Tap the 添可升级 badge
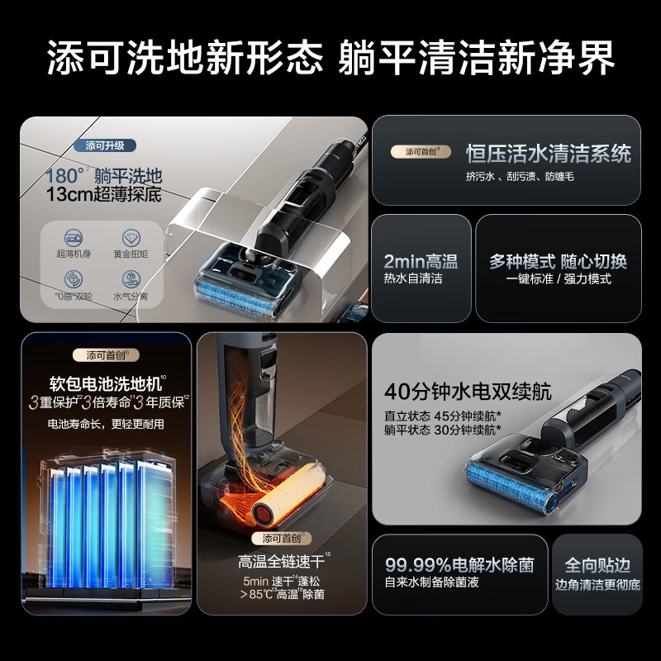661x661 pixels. pyautogui.click(x=105, y=145)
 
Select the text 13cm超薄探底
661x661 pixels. pyautogui.click(x=104, y=196)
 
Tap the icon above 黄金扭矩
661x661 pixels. pyautogui.click(x=131, y=238)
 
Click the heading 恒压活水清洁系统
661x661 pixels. pyautogui.click(x=548, y=154)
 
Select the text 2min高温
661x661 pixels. pyautogui.click(x=421, y=261)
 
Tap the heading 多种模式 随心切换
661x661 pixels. pyautogui.click(x=558, y=261)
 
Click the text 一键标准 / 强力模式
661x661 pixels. pyautogui.click(x=559, y=279)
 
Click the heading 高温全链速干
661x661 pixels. pyautogui.click(x=280, y=562)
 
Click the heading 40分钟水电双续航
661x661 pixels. pyautogui.click(x=468, y=391)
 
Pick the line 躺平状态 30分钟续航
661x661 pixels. pyautogui.click(x=442, y=430)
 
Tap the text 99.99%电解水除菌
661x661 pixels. pyautogui.click(x=459, y=565)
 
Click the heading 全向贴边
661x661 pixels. pyautogui.click(x=597, y=565)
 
